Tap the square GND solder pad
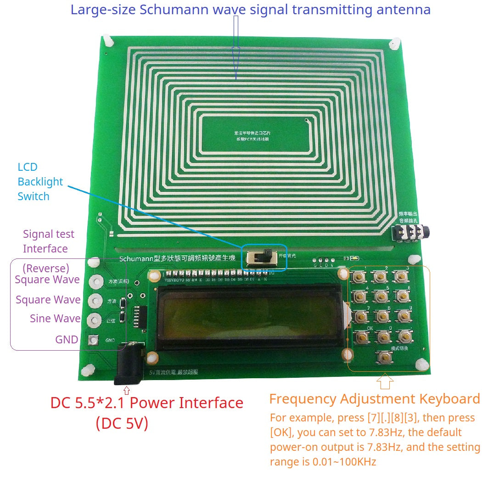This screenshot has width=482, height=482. pyautogui.click(x=94, y=340)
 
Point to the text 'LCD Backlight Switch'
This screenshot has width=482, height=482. pyautogui.click(x=34, y=181)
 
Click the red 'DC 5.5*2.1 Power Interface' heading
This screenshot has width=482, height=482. pyautogui.click(x=146, y=403)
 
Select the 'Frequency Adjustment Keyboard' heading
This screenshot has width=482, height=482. pyautogui.click(x=374, y=398)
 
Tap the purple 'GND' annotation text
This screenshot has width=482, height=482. pyautogui.click(x=67, y=340)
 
